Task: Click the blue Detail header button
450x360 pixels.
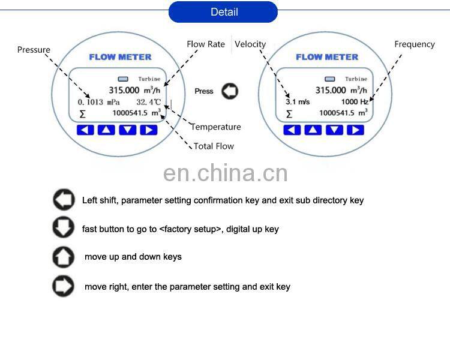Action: (223, 12)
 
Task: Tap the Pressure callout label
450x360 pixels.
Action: (34, 50)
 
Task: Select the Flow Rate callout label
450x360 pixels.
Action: (206, 44)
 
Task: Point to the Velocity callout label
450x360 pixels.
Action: (250, 44)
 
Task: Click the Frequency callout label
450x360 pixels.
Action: (414, 44)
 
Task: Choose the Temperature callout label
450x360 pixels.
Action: (216, 127)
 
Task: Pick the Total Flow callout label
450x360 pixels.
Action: (214, 146)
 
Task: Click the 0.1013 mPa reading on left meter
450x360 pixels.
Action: (99, 102)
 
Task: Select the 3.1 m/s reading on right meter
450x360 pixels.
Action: (298, 102)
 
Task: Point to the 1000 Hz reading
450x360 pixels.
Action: (354, 102)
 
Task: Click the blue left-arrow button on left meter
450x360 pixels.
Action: (85, 130)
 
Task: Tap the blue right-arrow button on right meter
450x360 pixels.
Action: (355, 130)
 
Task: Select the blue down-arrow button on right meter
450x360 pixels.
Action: (334, 130)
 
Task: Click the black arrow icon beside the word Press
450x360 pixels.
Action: (230, 91)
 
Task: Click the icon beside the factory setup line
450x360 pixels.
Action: (63, 229)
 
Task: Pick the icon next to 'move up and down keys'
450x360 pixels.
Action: (63, 257)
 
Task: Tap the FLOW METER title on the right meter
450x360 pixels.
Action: (327, 57)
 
